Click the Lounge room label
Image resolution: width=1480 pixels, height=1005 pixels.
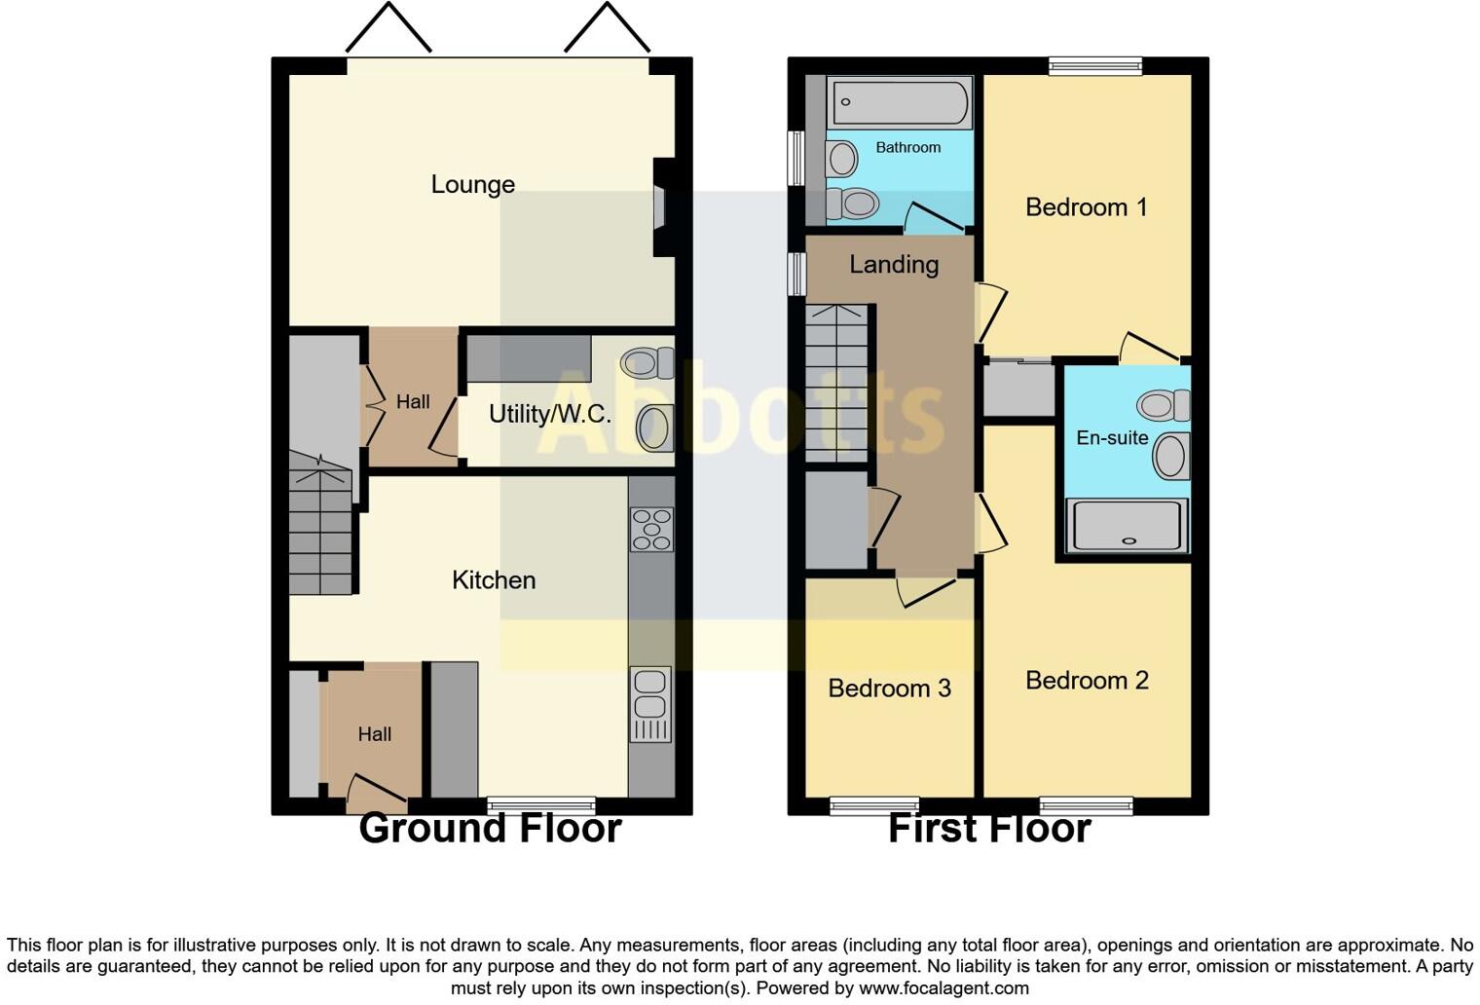click(x=472, y=184)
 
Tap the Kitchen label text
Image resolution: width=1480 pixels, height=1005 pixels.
click(x=494, y=580)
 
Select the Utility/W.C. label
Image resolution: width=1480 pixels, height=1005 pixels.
click(x=549, y=414)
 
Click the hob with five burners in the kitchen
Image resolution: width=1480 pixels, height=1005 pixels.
click(x=651, y=530)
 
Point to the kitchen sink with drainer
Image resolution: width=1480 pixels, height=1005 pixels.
click(x=650, y=704)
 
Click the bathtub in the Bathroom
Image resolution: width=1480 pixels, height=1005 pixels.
click(x=900, y=101)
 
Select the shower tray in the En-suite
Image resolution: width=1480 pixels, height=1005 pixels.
click(x=1128, y=526)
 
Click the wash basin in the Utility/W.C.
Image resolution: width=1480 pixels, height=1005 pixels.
click(x=655, y=428)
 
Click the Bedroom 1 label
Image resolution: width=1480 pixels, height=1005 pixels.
click(x=1086, y=207)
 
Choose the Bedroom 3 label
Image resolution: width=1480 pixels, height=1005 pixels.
click(x=889, y=689)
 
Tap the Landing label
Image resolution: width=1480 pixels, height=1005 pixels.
click(x=894, y=265)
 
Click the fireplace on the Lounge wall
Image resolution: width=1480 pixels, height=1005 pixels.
click(x=661, y=207)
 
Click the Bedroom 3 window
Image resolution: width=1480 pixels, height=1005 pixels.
click(x=873, y=805)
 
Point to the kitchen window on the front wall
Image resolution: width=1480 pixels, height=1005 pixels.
click(x=541, y=805)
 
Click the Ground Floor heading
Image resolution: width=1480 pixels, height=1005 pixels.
click(x=490, y=829)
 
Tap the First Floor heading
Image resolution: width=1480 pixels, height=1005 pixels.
click(x=989, y=829)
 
